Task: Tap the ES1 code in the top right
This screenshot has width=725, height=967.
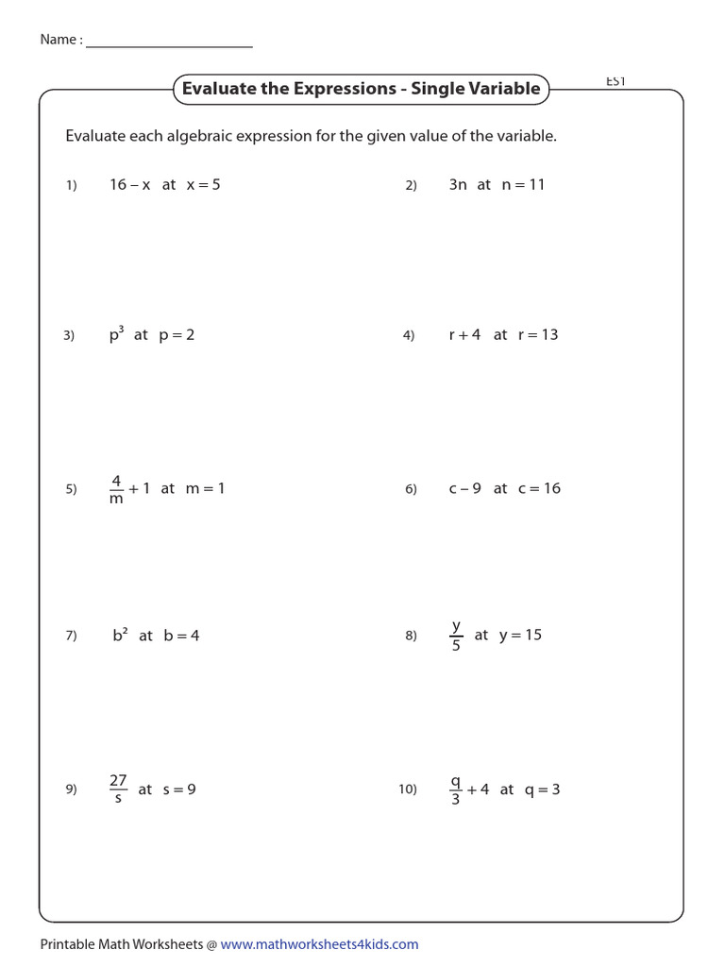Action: click(615, 82)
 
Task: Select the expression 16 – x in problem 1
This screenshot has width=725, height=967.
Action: click(130, 185)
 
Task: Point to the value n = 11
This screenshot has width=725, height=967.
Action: click(524, 185)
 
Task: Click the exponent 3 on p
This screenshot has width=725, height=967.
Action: click(122, 328)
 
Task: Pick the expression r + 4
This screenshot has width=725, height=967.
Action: click(464, 334)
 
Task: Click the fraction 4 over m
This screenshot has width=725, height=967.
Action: click(117, 489)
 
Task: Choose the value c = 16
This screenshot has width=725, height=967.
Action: click(539, 488)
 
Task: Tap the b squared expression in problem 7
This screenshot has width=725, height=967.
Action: click(120, 635)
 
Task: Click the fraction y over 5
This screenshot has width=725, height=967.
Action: click(456, 636)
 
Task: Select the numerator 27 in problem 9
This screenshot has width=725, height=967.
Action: click(118, 780)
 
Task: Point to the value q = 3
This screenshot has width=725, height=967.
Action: click(543, 789)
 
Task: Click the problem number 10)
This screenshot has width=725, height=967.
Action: click(408, 789)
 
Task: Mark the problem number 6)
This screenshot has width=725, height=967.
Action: click(411, 489)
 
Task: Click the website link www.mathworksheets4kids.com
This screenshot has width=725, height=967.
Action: click(319, 944)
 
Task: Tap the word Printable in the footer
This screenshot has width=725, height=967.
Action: click(67, 944)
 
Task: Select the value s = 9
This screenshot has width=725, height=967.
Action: click(179, 789)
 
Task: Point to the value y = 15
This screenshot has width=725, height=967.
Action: click(520, 635)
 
